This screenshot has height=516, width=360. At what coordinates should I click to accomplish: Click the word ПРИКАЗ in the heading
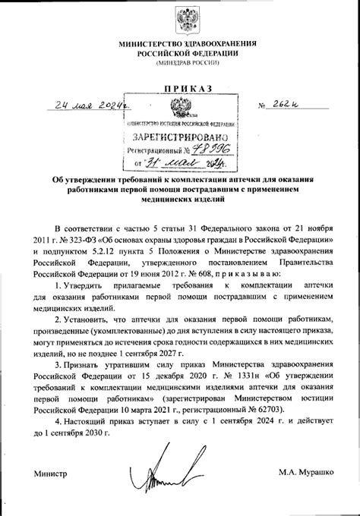pos(179,89)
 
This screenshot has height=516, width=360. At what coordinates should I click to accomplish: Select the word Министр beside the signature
pos(51,475)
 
